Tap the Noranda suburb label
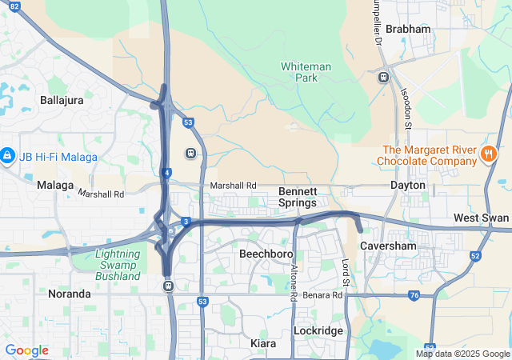(x=70, y=294)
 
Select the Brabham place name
(x=408, y=29)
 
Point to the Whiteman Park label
(x=300, y=72)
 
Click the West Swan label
(x=481, y=218)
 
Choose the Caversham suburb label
(x=387, y=246)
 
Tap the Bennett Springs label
(x=298, y=197)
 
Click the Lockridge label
(x=318, y=330)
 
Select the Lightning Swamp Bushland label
(x=118, y=265)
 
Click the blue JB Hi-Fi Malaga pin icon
(x=7, y=154)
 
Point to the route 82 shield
(x=14, y=6)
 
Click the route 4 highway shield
(x=166, y=172)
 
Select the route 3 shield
(x=186, y=222)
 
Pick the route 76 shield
(x=414, y=295)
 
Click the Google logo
(x=26, y=350)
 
